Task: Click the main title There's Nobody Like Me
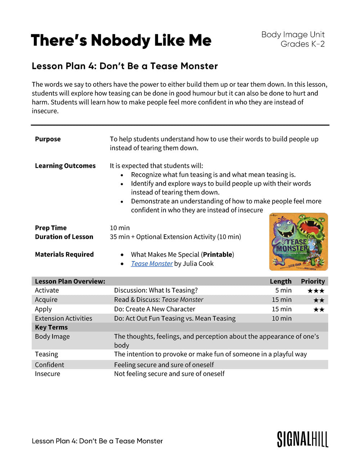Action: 121,40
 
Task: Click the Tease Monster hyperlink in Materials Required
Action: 152,264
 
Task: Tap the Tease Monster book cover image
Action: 298,242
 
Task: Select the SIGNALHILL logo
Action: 302,439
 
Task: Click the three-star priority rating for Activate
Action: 316,291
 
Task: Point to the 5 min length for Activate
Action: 283,290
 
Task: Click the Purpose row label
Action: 48,139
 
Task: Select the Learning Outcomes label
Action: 65,166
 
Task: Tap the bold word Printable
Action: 217,255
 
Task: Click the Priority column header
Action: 313,281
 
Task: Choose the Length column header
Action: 280,281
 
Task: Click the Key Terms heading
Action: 51,327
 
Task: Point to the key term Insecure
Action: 48,374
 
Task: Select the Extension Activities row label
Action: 63,318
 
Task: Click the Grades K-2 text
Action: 302,44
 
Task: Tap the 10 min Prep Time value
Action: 120,228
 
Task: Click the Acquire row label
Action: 46,300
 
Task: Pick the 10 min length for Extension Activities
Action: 282,318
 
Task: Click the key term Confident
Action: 49,365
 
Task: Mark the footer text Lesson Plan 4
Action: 97,441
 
